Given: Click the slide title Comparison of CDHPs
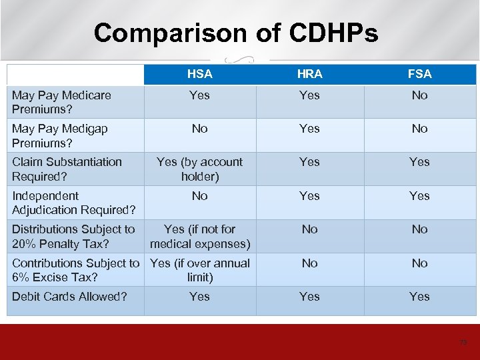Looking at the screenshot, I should tap(236, 32).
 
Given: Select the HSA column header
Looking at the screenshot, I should tap(199, 74).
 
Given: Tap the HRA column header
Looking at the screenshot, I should tap(309, 74).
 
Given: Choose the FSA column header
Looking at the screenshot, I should tap(419, 74).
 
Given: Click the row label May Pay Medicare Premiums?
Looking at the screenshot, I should tap(61, 102).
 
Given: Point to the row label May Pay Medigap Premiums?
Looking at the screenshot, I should tap(60, 135).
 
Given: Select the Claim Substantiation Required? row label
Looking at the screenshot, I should tap(67, 169).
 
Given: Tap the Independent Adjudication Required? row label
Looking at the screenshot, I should tap(74, 203).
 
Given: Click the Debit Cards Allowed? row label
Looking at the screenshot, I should tap(69, 297).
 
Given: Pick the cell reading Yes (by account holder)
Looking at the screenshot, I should tap(199, 169).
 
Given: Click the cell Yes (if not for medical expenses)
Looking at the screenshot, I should tap(200, 236).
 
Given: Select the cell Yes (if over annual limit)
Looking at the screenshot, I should tap(200, 270).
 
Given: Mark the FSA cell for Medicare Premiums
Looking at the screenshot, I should tap(419, 95).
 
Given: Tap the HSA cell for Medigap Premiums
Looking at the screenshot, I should tap(199, 129).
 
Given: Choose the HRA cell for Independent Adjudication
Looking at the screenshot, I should tap(309, 196).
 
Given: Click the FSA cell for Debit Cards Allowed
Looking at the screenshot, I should tap(419, 297).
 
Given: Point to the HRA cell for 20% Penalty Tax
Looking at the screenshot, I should tap(309, 229).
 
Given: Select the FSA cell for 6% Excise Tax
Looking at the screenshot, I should tap(419, 263).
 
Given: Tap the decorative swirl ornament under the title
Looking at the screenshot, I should tap(240, 58).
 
